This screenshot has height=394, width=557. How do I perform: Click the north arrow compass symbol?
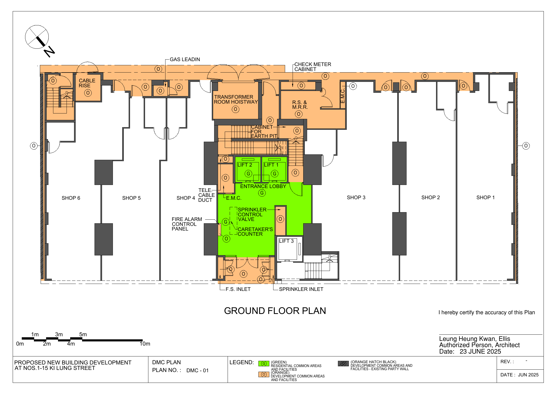coord(37,37)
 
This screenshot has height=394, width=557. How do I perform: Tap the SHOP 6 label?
coord(71,198)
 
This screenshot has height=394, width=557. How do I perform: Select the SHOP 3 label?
coord(356,197)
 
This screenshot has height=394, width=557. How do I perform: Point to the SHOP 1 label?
coord(486,197)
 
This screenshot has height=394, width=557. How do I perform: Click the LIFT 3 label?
coord(286,241)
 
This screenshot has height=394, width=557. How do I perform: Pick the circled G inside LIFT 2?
coord(248,174)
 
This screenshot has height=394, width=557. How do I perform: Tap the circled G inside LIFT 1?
coord(274,174)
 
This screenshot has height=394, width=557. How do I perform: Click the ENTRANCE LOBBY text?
coord(263,186)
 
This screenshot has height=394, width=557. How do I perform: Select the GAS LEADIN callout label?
coord(185,59)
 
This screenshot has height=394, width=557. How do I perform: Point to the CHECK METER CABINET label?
coord(313,67)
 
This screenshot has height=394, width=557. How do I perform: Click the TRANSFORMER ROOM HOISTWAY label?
coord(236,99)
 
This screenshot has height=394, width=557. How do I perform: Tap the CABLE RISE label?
coord(87,83)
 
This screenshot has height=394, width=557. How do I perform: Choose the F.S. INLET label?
coord(238,289)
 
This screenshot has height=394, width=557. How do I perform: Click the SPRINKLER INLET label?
coord(301,289)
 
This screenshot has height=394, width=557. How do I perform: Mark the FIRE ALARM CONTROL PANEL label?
coord(187,224)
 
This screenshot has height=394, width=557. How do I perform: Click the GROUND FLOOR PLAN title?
coord(275,311)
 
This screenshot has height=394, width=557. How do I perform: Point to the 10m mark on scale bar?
coord(145,344)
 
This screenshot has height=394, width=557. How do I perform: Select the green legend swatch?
coord(264,363)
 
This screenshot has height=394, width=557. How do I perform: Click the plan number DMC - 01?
coord(197,370)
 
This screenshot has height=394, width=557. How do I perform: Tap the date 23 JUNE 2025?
coord(480,352)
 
